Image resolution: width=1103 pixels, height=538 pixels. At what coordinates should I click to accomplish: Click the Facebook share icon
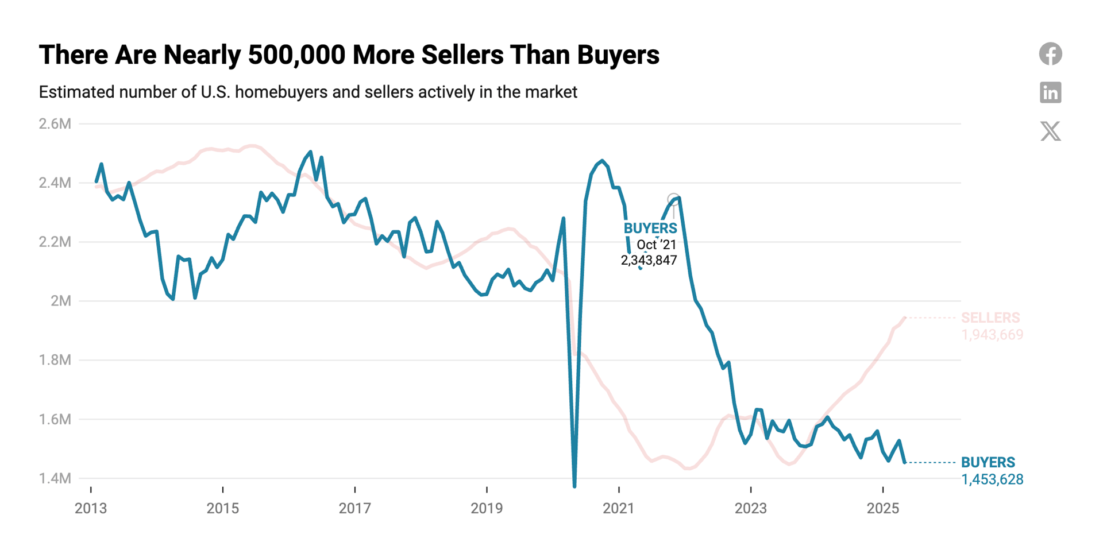tap(1050, 54)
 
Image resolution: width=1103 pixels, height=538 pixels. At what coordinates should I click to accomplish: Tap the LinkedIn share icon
tap(1050, 92)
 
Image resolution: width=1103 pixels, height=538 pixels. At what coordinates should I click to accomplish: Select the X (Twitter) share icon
tap(1050, 131)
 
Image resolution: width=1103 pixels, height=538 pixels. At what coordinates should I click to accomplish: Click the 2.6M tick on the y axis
tap(55, 124)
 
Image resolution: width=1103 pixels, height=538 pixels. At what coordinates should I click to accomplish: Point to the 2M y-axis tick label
tap(61, 301)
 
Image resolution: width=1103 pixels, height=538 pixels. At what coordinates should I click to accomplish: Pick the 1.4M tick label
tap(55, 478)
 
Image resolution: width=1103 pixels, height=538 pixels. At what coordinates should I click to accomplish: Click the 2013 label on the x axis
tap(91, 508)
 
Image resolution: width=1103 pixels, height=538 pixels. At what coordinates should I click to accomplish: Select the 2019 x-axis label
tap(487, 508)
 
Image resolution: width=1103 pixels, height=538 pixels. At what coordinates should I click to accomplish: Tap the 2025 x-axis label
tap(883, 508)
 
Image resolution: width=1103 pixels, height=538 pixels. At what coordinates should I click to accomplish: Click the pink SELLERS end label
tap(990, 318)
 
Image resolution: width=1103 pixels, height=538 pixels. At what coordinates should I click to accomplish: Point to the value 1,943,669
tap(992, 335)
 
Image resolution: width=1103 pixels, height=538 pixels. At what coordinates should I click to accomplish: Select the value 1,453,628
tap(992, 479)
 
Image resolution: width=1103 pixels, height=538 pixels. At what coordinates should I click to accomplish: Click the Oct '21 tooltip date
tap(657, 245)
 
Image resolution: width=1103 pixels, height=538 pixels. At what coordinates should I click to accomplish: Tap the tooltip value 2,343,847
tap(649, 260)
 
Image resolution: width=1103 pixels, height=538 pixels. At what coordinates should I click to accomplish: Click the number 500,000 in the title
tap(296, 55)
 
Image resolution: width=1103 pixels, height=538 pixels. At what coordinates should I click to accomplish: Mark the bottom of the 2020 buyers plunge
tap(574, 486)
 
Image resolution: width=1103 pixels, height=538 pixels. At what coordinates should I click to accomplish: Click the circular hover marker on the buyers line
tap(674, 200)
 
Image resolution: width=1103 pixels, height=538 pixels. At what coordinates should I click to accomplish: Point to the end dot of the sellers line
tap(905, 318)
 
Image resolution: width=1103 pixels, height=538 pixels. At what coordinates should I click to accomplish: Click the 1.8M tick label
tap(55, 360)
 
